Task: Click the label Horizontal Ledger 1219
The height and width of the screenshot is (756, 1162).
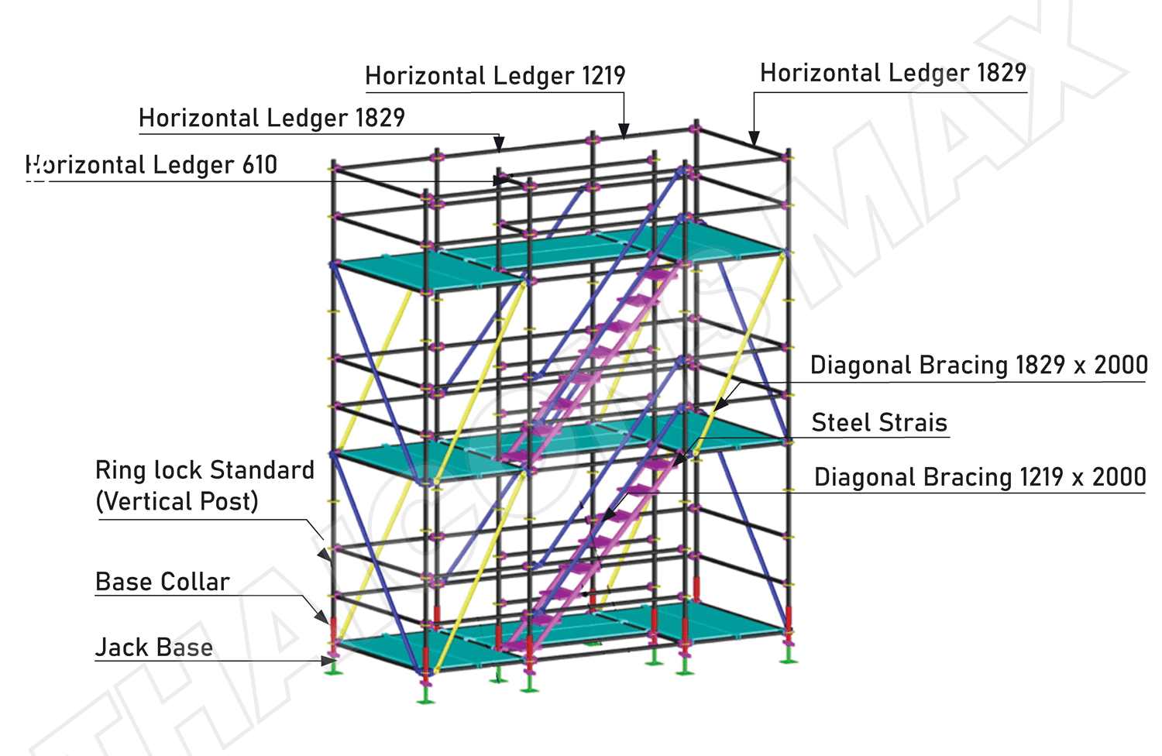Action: tap(495, 76)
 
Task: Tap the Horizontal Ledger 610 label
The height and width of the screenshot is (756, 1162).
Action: tap(151, 165)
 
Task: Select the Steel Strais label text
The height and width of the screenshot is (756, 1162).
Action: tap(879, 422)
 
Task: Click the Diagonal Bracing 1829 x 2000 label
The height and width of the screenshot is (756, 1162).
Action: tap(978, 365)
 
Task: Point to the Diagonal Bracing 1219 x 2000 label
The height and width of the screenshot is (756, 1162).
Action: tap(980, 477)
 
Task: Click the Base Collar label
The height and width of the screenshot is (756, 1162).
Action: tap(163, 582)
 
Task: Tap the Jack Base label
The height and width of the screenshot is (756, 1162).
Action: tap(154, 647)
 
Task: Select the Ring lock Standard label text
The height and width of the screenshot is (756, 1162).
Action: tap(205, 470)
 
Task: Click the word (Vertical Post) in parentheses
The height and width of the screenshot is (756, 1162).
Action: tap(177, 501)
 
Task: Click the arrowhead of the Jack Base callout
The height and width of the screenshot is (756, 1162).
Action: tap(329, 661)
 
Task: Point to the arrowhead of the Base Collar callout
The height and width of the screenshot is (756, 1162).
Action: tap(322, 617)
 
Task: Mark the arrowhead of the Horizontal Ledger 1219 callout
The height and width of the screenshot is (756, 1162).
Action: tap(624, 131)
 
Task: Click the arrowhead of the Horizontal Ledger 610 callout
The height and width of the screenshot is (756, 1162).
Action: tap(501, 180)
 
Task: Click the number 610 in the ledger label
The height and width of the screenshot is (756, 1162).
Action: tap(260, 165)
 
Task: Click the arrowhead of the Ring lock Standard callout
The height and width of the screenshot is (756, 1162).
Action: tap(325, 555)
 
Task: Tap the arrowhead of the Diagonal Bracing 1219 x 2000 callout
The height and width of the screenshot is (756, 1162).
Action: tap(609, 515)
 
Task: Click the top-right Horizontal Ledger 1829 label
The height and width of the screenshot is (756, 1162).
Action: tap(893, 73)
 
